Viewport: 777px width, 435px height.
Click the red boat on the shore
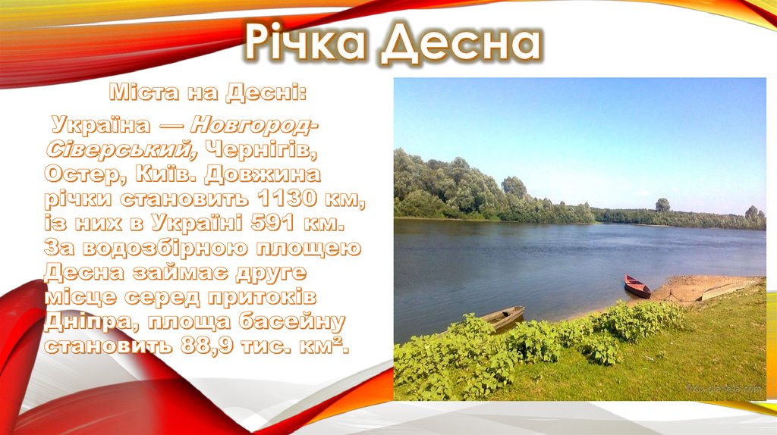point(637,286)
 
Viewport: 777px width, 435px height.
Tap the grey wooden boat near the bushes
point(502,318)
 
